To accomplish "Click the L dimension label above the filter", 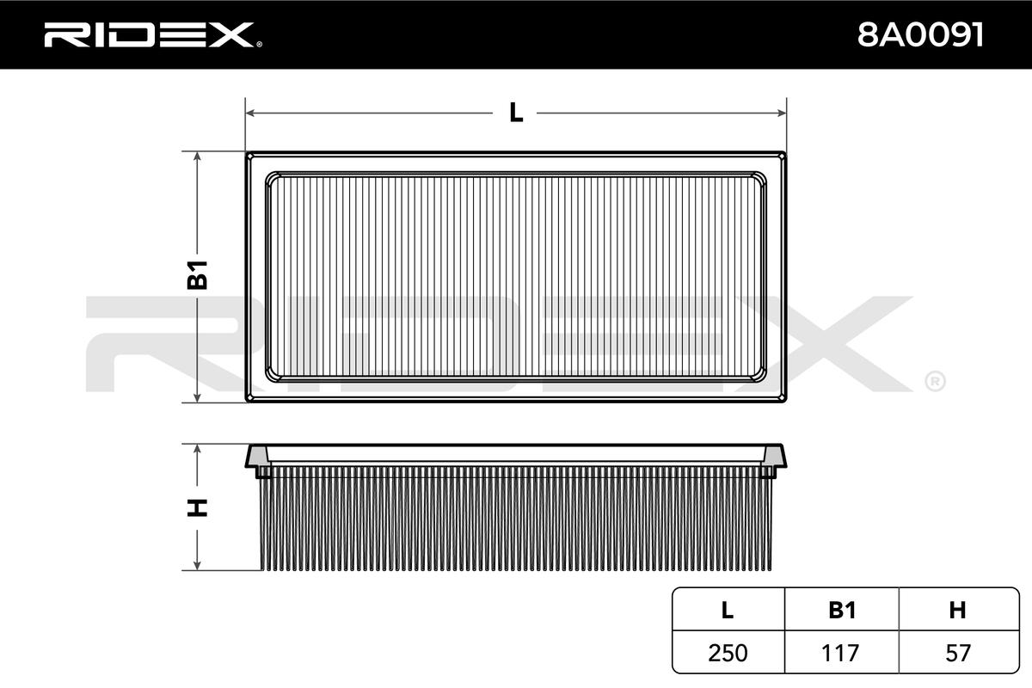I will [516, 112].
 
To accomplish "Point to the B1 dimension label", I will [198, 277].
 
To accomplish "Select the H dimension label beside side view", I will [198, 507].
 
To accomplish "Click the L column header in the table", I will [727, 610].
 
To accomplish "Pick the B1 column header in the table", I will [841, 610].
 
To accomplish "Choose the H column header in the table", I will [957, 610].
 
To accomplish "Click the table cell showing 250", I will [727, 653].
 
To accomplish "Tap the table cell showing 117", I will [841, 653].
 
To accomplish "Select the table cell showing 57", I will [957, 653].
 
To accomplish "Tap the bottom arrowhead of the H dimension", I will [198, 564].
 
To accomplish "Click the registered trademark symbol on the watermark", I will [934, 380].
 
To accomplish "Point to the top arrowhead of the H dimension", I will [198, 450].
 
